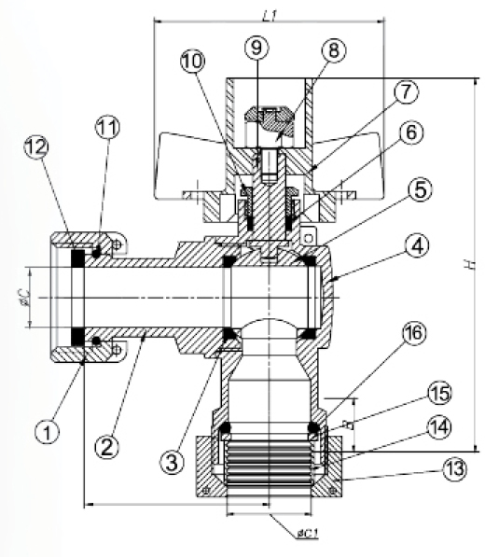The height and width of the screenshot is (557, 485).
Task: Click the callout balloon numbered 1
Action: pyautogui.click(x=48, y=432)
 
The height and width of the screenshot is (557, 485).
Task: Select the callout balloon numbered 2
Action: pyautogui.click(x=107, y=446)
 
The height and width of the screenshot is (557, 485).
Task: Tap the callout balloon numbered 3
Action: pyautogui.click(x=172, y=462)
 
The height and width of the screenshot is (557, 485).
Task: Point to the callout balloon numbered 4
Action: pyautogui.click(x=417, y=245)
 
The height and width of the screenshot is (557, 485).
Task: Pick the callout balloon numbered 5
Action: pyautogui.click(x=421, y=189)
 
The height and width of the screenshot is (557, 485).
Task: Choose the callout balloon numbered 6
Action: pyautogui.click(x=411, y=132)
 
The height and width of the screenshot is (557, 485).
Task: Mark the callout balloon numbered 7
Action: pyautogui.click(x=406, y=91)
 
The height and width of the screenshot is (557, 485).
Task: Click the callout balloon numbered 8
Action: pyautogui.click(x=334, y=50)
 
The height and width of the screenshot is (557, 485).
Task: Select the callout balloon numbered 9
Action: pyautogui.click(x=256, y=48)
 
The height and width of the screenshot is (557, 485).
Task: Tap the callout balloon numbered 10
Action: pyautogui.click(x=193, y=62)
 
